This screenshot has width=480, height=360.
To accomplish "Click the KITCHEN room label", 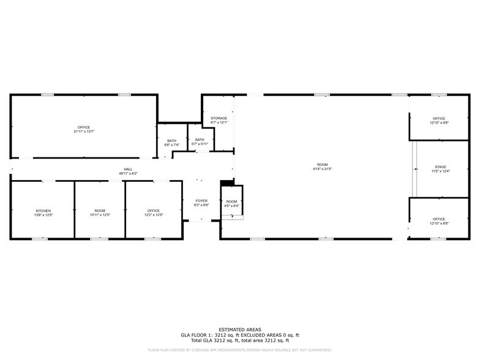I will (x=43, y=211).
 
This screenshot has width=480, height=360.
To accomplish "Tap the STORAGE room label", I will (x=219, y=118).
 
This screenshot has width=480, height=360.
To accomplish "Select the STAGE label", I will (x=440, y=167).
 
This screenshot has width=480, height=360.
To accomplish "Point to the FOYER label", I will (x=201, y=201).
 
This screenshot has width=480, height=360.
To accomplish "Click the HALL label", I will (x=128, y=170).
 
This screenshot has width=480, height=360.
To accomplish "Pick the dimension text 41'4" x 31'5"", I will (x=322, y=169).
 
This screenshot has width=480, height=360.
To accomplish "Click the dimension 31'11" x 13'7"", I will (x=83, y=132).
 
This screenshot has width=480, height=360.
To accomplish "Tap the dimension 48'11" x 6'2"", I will (x=128, y=174).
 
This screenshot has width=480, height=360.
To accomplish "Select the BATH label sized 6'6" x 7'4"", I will (x=171, y=141).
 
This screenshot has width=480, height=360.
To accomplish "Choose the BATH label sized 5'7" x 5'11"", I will (x=200, y=140).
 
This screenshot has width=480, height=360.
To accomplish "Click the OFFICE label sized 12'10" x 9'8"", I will (x=439, y=118).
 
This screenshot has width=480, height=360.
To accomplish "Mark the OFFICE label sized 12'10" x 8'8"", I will (x=439, y=219).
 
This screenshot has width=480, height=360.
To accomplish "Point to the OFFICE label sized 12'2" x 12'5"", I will (x=153, y=211).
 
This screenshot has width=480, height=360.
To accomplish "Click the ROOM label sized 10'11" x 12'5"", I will (x=99, y=211).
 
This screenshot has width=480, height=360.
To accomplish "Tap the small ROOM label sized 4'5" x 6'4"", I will (x=231, y=201).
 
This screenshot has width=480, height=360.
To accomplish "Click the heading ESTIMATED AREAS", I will (x=239, y=329).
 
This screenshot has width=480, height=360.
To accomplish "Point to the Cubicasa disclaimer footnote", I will (x=239, y=350).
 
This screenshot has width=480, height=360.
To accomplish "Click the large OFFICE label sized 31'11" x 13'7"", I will (x=83, y=127).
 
